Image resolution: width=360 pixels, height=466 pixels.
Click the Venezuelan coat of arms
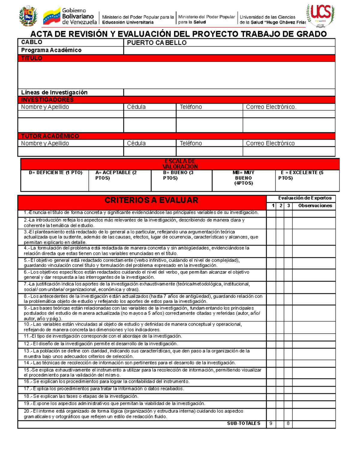coord(28,16)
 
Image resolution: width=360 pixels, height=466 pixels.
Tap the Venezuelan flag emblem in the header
coord(52,17)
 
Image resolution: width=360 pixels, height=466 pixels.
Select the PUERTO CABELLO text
coord(157,43)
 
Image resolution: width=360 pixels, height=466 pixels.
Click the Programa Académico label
coord(51,50)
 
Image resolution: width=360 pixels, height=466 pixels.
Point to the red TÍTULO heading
coord(31,58)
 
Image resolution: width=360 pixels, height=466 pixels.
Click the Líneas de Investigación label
coord(54,92)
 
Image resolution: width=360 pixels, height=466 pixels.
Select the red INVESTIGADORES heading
coord(47,100)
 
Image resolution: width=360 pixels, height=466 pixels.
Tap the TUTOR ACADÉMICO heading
coord(50,136)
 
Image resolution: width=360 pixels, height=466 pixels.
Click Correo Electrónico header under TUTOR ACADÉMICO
coord(270,143)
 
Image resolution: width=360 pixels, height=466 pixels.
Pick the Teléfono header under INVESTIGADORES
coord(191,107)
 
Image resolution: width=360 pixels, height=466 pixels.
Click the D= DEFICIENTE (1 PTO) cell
coord(55,173)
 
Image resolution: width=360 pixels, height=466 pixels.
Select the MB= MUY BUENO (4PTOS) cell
coord(243,178)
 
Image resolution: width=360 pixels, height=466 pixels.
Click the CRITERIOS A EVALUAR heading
coord(151,200)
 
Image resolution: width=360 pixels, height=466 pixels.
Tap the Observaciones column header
coord(315,206)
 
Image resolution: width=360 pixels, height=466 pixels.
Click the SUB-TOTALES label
coord(243,423)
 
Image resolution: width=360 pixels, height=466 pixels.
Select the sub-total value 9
coord(271,423)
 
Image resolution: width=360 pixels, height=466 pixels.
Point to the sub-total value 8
coord(288,423)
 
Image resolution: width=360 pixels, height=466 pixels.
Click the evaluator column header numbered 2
coord(280,206)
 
